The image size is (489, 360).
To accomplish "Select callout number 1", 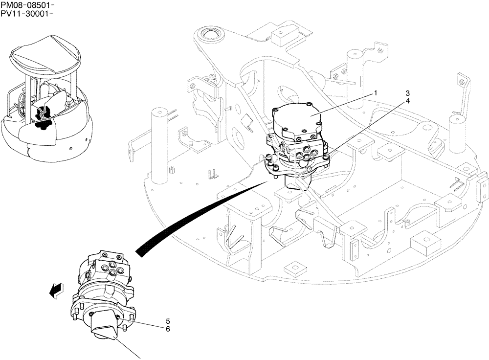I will [376, 92].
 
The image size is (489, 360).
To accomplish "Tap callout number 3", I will [407, 93].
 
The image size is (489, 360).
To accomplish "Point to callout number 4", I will [407, 101].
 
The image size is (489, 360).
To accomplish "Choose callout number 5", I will [168, 321].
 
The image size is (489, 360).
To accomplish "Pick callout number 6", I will [168, 330].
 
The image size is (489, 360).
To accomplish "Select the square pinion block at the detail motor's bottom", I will [105, 325].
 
